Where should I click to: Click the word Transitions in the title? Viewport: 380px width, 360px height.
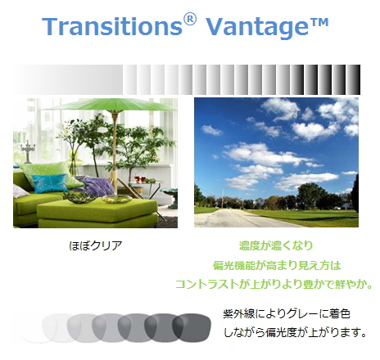(x=112, y=26)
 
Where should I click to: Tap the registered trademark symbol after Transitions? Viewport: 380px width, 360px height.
(x=190, y=19)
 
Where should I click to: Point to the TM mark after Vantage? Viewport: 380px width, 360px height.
(x=319, y=22)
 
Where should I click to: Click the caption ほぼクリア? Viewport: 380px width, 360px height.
(x=95, y=245)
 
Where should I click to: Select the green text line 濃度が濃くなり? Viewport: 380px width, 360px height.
(x=276, y=245)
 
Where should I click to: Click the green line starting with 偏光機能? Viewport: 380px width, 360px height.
(x=277, y=265)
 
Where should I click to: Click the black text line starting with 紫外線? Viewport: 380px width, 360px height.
(x=287, y=313)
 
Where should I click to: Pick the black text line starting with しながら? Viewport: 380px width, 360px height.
(x=295, y=332)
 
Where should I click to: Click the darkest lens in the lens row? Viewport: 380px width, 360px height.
(x=192, y=328)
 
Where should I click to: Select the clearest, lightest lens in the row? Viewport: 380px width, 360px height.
(x=35, y=328)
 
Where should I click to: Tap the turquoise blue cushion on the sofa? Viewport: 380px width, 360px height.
(x=51, y=182)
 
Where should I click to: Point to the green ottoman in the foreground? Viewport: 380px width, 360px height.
(x=97, y=213)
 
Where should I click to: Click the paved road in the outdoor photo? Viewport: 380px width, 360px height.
(x=240, y=218)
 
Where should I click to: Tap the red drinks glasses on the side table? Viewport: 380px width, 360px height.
(x=139, y=178)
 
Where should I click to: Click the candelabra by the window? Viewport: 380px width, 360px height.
(x=28, y=151)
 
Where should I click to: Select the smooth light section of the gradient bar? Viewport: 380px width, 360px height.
(x=68, y=80)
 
